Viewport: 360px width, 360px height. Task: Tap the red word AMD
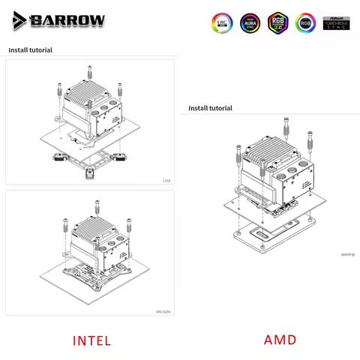pos(280,340)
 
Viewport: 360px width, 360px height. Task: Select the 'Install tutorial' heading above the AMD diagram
pos(210,108)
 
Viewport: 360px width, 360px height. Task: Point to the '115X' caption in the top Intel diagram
pos(166,180)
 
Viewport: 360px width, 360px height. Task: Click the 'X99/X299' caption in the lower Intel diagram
pos(163,310)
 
